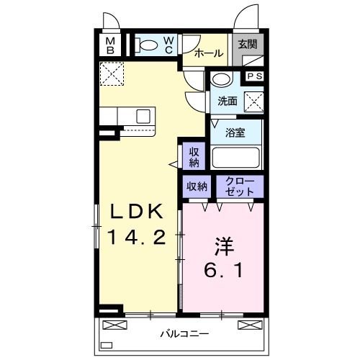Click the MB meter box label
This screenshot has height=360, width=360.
(x=111, y=46)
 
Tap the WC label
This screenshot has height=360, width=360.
(x=167, y=45)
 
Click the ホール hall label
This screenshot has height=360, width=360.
(x=208, y=53)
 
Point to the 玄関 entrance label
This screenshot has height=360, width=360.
(x=248, y=45)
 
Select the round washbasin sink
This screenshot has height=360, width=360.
(x=222, y=80)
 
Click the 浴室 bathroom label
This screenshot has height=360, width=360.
(x=235, y=132)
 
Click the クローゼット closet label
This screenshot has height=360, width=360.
(x=239, y=186)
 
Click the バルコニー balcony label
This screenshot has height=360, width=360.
(x=184, y=334)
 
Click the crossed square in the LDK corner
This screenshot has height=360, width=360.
(x=111, y=74)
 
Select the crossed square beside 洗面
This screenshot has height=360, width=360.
(x=253, y=102)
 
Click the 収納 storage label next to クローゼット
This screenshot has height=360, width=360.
(x=197, y=186)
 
